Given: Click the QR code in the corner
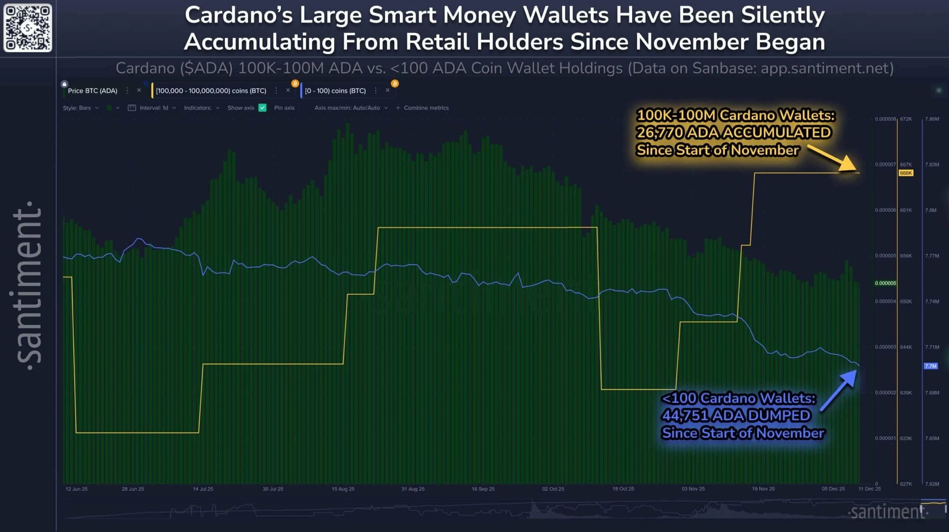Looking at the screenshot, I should coord(28,28).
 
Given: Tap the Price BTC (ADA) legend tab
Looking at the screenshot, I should coord(92,91).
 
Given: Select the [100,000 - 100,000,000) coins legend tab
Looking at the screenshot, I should coord(211,91).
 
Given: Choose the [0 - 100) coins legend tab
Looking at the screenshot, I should coord(335,91).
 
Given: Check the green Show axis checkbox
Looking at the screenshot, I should coord(262,108).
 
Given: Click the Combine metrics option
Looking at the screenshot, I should coord(426,108).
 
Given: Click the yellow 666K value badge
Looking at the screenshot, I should coord(906,173).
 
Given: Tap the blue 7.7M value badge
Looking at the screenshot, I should coord(930,366).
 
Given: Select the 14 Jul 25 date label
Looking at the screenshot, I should coord(203,489).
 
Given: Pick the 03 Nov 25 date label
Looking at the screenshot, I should coord(693,489).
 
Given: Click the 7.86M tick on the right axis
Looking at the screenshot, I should coord(932,119).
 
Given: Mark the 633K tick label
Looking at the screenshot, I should coord(906,438).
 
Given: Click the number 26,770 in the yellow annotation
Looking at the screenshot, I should coord(659,133).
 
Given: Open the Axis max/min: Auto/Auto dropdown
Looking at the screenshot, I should coord(350,108).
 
